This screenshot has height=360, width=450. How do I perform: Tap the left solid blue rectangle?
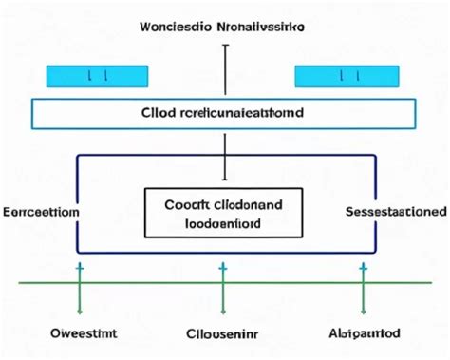pyautogui.click(x=97, y=76)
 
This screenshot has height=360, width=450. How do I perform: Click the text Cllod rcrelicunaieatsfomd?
pyautogui.click(x=224, y=113)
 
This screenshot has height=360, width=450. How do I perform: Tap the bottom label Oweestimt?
pyautogui.click(x=84, y=334)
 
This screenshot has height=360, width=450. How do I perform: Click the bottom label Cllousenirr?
pyautogui.click(x=223, y=334)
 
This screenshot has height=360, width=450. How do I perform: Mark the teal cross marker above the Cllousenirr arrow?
pyautogui.click(x=222, y=270)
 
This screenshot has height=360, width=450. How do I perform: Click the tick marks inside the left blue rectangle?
pyautogui.click(x=97, y=76)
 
